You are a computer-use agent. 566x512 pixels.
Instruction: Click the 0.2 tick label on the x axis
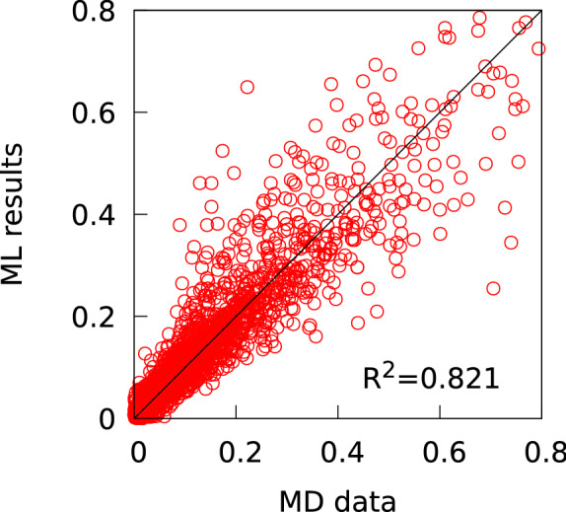236,449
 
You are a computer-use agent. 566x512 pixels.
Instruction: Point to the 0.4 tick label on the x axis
337,449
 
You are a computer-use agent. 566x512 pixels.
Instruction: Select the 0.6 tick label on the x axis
440,449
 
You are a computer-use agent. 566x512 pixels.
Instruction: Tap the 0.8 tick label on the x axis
541,449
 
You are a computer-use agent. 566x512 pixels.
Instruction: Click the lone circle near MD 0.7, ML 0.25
493,289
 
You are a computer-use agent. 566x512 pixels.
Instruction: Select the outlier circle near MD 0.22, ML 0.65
247,87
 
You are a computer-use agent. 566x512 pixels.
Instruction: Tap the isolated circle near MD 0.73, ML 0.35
511,242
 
